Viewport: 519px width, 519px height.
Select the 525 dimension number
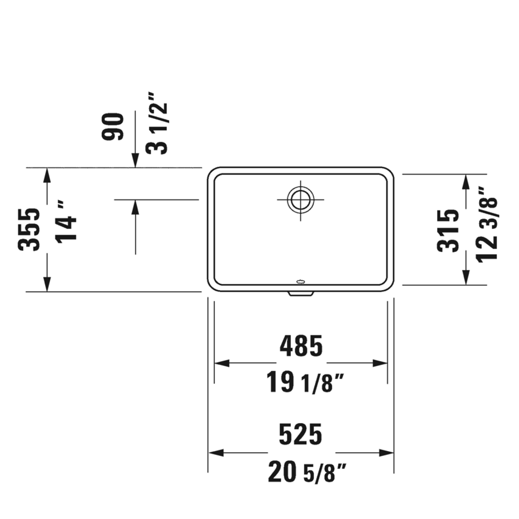(x=300, y=434)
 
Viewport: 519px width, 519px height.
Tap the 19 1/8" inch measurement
(x=305, y=383)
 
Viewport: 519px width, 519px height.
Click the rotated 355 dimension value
(x=29, y=229)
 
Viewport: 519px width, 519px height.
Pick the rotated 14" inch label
(x=68, y=221)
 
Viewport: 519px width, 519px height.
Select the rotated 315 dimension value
(x=448, y=230)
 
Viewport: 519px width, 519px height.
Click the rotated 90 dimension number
(x=114, y=127)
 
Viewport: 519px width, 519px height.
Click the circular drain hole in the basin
(x=299, y=199)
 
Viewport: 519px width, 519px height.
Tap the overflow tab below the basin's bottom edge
(x=300, y=293)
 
